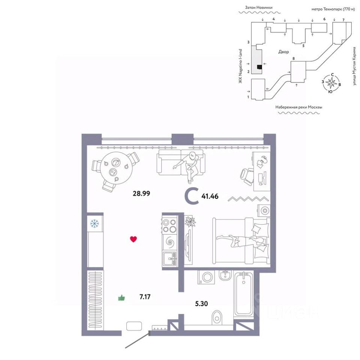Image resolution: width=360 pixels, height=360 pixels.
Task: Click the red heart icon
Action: click(133, 239)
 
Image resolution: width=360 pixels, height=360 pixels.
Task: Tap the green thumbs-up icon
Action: click(121, 298)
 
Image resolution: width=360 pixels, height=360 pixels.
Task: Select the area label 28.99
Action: click(141, 193)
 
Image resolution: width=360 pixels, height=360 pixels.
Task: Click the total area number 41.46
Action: click(210, 196)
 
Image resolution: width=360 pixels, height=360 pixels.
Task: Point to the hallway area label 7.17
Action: click(145, 297)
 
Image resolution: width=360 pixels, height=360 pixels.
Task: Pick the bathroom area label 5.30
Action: click(201, 304)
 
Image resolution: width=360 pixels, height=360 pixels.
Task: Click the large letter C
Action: click(192, 196)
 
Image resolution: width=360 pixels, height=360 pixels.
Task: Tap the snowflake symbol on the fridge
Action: click(94, 223)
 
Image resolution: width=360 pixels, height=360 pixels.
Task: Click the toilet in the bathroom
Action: click(217, 318)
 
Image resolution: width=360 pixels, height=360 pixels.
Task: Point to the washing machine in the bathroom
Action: click(206, 277)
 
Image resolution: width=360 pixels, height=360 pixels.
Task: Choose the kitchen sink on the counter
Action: click(170, 259)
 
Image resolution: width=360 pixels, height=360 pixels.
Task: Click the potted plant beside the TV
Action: click(190, 222)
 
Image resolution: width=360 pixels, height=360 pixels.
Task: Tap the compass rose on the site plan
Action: click(331, 83)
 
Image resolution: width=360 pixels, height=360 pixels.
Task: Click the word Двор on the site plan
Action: click(283, 52)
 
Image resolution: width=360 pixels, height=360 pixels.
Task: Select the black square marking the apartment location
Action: click(259, 67)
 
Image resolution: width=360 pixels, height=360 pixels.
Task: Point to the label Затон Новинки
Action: click(259, 7)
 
